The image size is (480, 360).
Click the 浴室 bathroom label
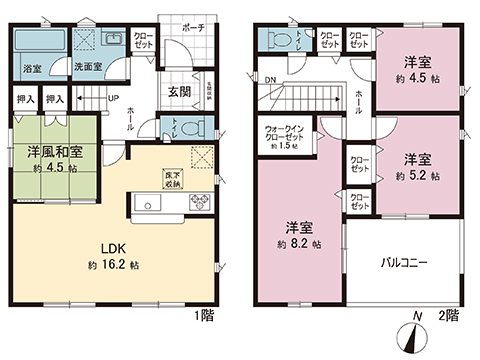31,67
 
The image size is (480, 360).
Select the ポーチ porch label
192,27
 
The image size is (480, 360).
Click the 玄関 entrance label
179,91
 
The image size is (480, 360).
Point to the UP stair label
112,99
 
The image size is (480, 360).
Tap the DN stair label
269,79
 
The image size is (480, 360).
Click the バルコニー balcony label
404,263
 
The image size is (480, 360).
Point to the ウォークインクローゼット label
287,134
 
